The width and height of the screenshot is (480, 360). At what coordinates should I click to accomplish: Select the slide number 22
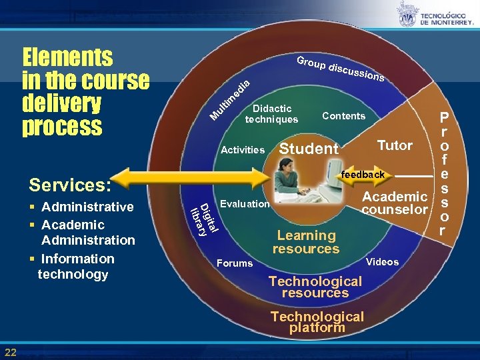[x=11, y=352]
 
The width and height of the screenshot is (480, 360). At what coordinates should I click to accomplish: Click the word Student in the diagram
[x=308, y=149]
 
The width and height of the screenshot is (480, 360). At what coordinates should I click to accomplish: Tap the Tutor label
[x=395, y=145]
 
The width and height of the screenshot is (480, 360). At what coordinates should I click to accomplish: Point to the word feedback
[x=363, y=175]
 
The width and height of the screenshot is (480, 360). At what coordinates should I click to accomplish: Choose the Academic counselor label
[x=394, y=203]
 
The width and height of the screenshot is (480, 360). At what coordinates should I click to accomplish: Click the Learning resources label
[x=306, y=242]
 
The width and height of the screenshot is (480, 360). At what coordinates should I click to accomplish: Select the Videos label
[x=383, y=262]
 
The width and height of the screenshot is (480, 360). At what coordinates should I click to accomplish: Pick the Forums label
[x=235, y=263]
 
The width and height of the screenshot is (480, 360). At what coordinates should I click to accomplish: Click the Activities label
[x=242, y=150]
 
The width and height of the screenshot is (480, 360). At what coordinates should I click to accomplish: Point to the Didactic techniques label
[x=272, y=114]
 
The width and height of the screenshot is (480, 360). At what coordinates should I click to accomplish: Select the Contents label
[x=343, y=116]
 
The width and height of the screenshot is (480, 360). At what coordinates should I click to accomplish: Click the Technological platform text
[x=317, y=322]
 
